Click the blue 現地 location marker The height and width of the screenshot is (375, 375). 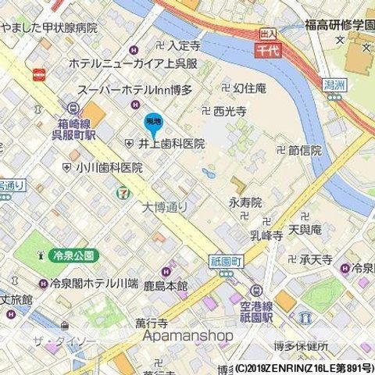[153, 123]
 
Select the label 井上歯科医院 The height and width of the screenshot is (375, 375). [172, 144]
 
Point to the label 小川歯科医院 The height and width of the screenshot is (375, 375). [109, 167]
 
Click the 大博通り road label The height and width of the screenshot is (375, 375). [164, 207]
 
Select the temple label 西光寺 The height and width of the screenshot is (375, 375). [230, 111]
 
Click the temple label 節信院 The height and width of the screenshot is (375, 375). [305, 151]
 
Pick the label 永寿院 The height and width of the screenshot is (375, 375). [245, 202]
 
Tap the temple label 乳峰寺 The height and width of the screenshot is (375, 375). [266, 234]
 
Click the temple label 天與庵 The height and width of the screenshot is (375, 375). [305, 230]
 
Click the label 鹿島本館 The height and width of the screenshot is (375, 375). [166, 287]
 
